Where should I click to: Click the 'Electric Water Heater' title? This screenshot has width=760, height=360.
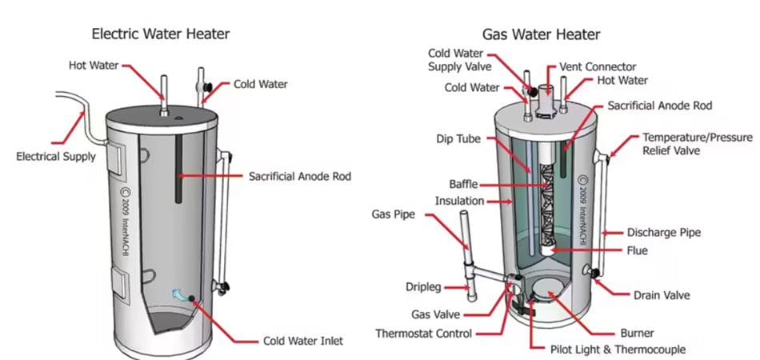pyautogui.click(x=162, y=34)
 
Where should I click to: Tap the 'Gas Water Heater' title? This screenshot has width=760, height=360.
pyautogui.click(x=541, y=34)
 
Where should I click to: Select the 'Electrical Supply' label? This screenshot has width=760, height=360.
pyautogui.click(x=56, y=156)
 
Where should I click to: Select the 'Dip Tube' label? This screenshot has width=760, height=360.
pyautogui.click(x=459, y=138)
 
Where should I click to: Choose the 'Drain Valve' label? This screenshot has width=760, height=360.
pyautogui.click(x=662, y=295)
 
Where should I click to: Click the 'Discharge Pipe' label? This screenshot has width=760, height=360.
pyautogui.click(x=664, y=233)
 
